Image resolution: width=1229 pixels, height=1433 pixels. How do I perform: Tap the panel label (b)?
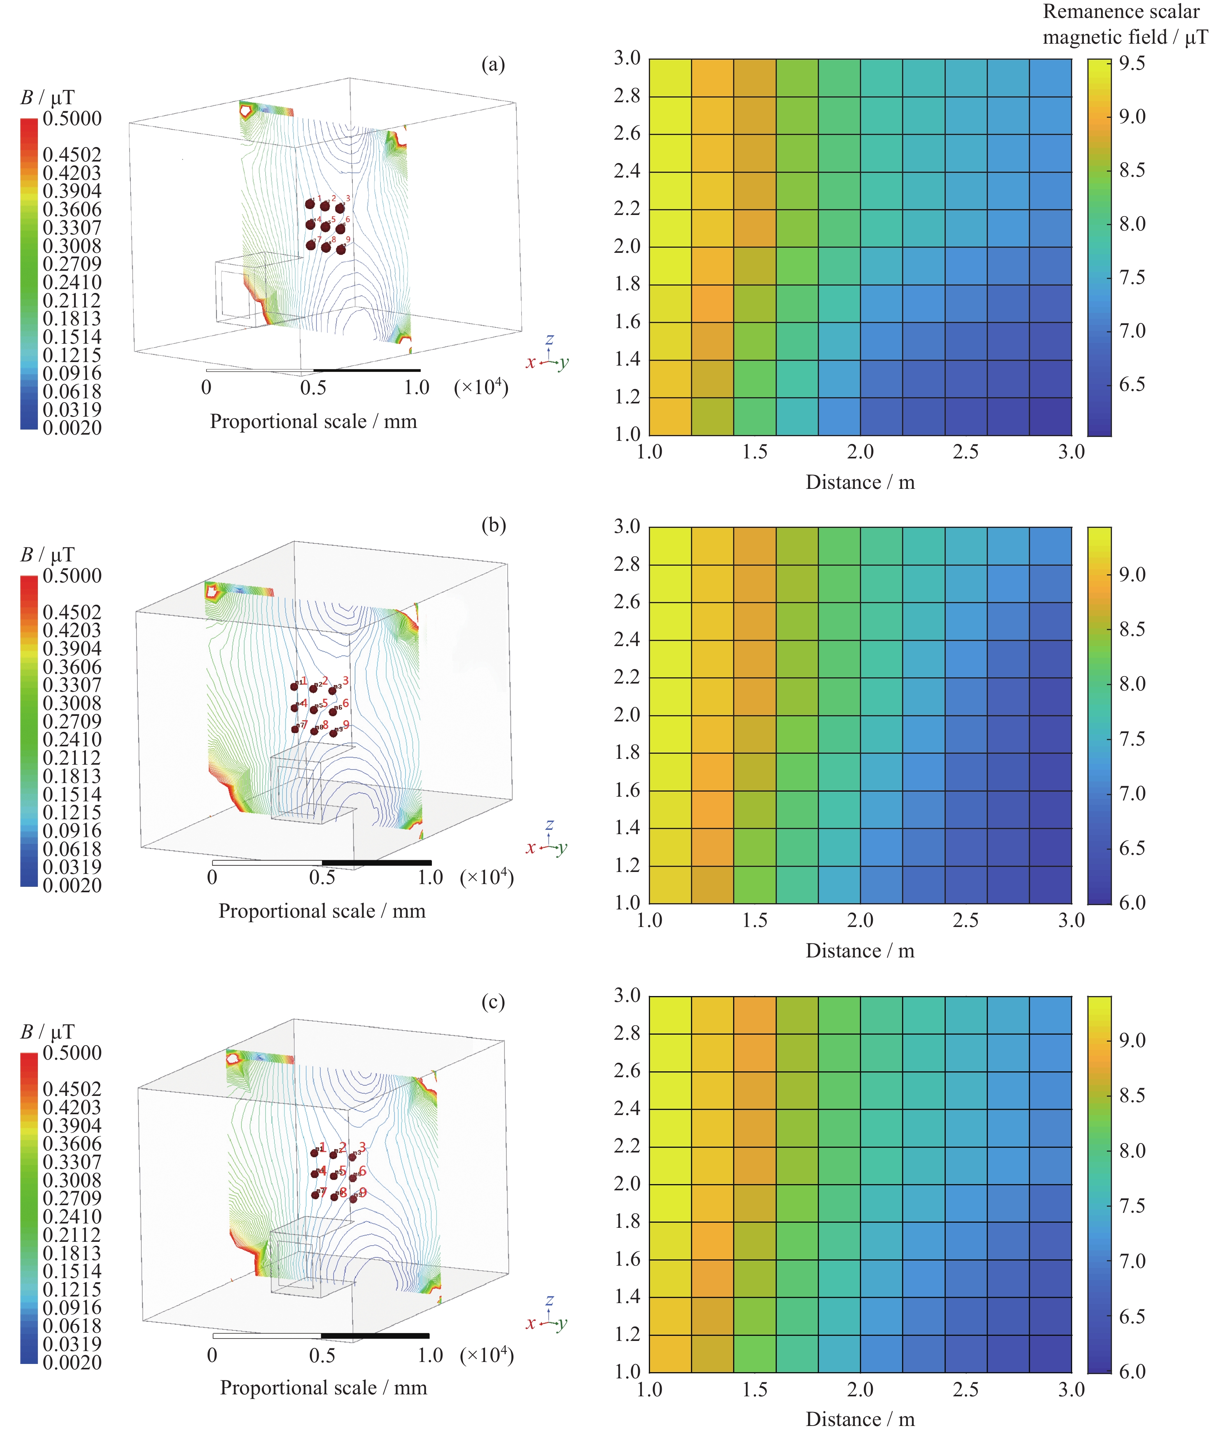tap(493, 526)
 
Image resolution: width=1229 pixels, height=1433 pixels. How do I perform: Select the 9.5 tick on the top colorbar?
tap(1132, 64)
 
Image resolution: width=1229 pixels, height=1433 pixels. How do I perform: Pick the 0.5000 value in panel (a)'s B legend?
tap(72, 119)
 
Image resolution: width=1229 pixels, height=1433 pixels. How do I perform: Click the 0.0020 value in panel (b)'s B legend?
tap(72, 885)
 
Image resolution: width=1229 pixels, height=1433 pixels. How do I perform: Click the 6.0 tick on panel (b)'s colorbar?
tap(1132, 902)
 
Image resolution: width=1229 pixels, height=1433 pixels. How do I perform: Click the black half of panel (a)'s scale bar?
tap(367, 371)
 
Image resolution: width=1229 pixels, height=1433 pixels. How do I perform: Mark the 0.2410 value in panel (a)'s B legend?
tap(72, 282)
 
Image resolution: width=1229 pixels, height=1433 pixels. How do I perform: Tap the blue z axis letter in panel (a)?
tap(549, 339)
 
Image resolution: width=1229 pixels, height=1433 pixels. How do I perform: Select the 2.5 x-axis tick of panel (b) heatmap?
tap(966, 920)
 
